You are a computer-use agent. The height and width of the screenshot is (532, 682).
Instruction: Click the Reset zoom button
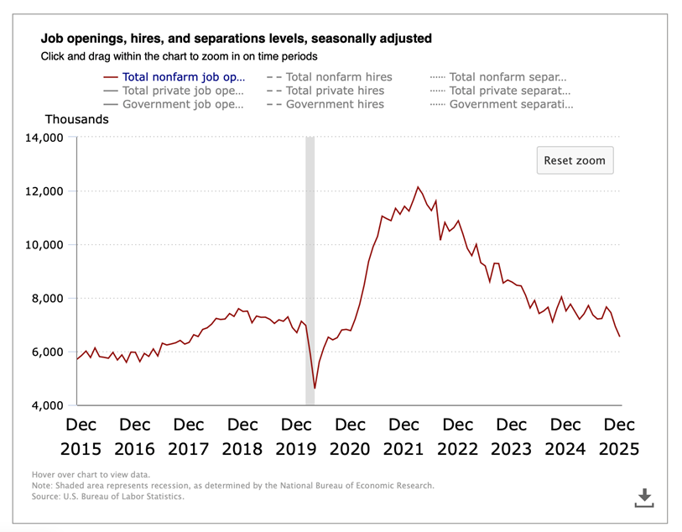[x=575, y=160]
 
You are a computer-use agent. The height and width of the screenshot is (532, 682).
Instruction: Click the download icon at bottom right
[x=643, y=498]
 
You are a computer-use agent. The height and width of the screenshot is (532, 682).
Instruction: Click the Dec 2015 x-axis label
[x=81, y=436]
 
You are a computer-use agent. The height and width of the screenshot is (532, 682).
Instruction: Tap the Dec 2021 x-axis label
[x=404, y=436]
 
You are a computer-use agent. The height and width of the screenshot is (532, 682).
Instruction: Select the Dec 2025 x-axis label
[x=619, y=436]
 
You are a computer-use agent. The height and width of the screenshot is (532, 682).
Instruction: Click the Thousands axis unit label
[x=76, y=119]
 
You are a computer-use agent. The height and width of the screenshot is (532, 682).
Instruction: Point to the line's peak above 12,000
[x=418, y=187]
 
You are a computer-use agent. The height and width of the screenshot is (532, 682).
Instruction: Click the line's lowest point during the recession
[x=315, y=389]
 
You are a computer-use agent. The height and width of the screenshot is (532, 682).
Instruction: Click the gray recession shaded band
[x=310, y=252]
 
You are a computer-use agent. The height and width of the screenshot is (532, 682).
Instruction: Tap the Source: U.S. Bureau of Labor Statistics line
[x=107, y=496]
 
